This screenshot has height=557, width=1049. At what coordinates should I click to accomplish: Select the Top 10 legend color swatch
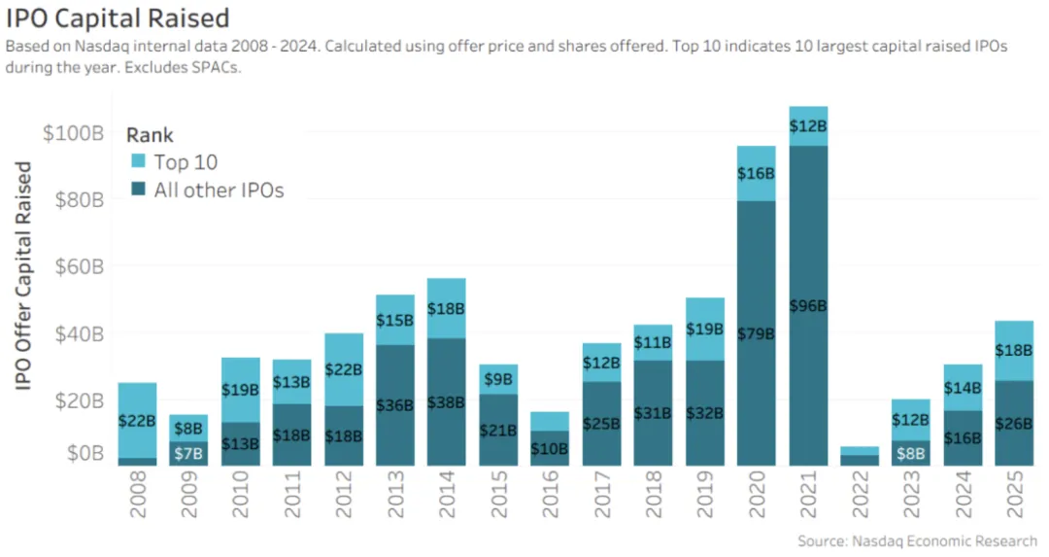137,162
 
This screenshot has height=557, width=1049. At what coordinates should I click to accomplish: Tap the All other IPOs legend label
219,191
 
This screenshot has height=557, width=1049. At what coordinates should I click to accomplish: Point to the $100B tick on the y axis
73,133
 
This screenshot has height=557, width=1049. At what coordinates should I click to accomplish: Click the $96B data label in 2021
808,306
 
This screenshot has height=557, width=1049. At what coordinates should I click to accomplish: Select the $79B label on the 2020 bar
757,333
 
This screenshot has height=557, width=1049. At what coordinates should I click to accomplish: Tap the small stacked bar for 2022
860,456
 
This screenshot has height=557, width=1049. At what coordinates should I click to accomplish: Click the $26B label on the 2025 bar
1013,424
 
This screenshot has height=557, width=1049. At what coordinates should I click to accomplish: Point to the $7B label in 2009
189,453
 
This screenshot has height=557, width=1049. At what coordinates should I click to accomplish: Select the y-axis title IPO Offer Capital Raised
24,276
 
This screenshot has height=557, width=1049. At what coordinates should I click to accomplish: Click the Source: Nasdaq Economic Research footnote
917,540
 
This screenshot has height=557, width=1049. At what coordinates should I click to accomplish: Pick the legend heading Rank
150,136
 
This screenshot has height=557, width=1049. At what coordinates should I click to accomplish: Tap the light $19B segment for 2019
705,331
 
